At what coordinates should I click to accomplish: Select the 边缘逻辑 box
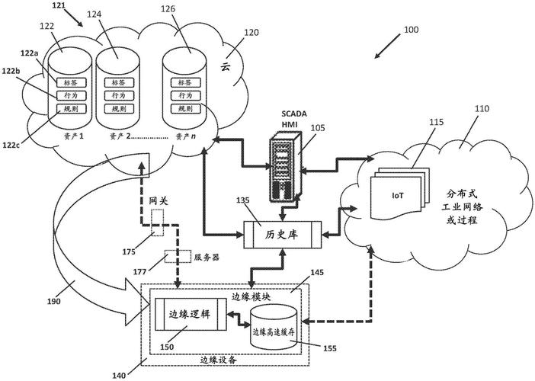pyautogui.click(x=190, y=313)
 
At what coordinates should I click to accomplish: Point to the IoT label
pyautogui.click(x=398, y=196)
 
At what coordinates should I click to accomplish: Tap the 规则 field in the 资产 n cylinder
pyautogui.click(x=184, y=110)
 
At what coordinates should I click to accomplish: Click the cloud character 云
pyautogui.click(x=225, y=67)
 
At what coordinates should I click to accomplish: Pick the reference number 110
pyautogui.click(x=482, y=110)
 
